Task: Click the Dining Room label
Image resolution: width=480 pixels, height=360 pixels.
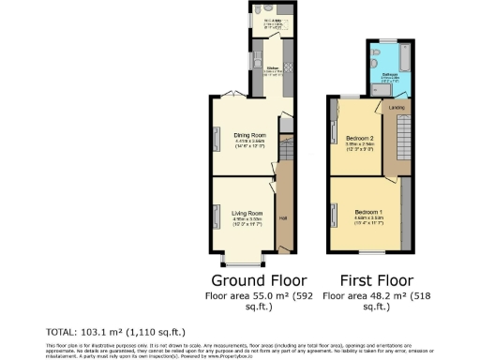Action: [248, 135]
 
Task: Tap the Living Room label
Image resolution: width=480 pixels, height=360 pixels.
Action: [247, 214]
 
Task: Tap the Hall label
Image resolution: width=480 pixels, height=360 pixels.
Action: [282, 218]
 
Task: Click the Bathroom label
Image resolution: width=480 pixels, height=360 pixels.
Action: [390, 73]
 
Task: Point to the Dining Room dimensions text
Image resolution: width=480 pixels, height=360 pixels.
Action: [248, 144]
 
